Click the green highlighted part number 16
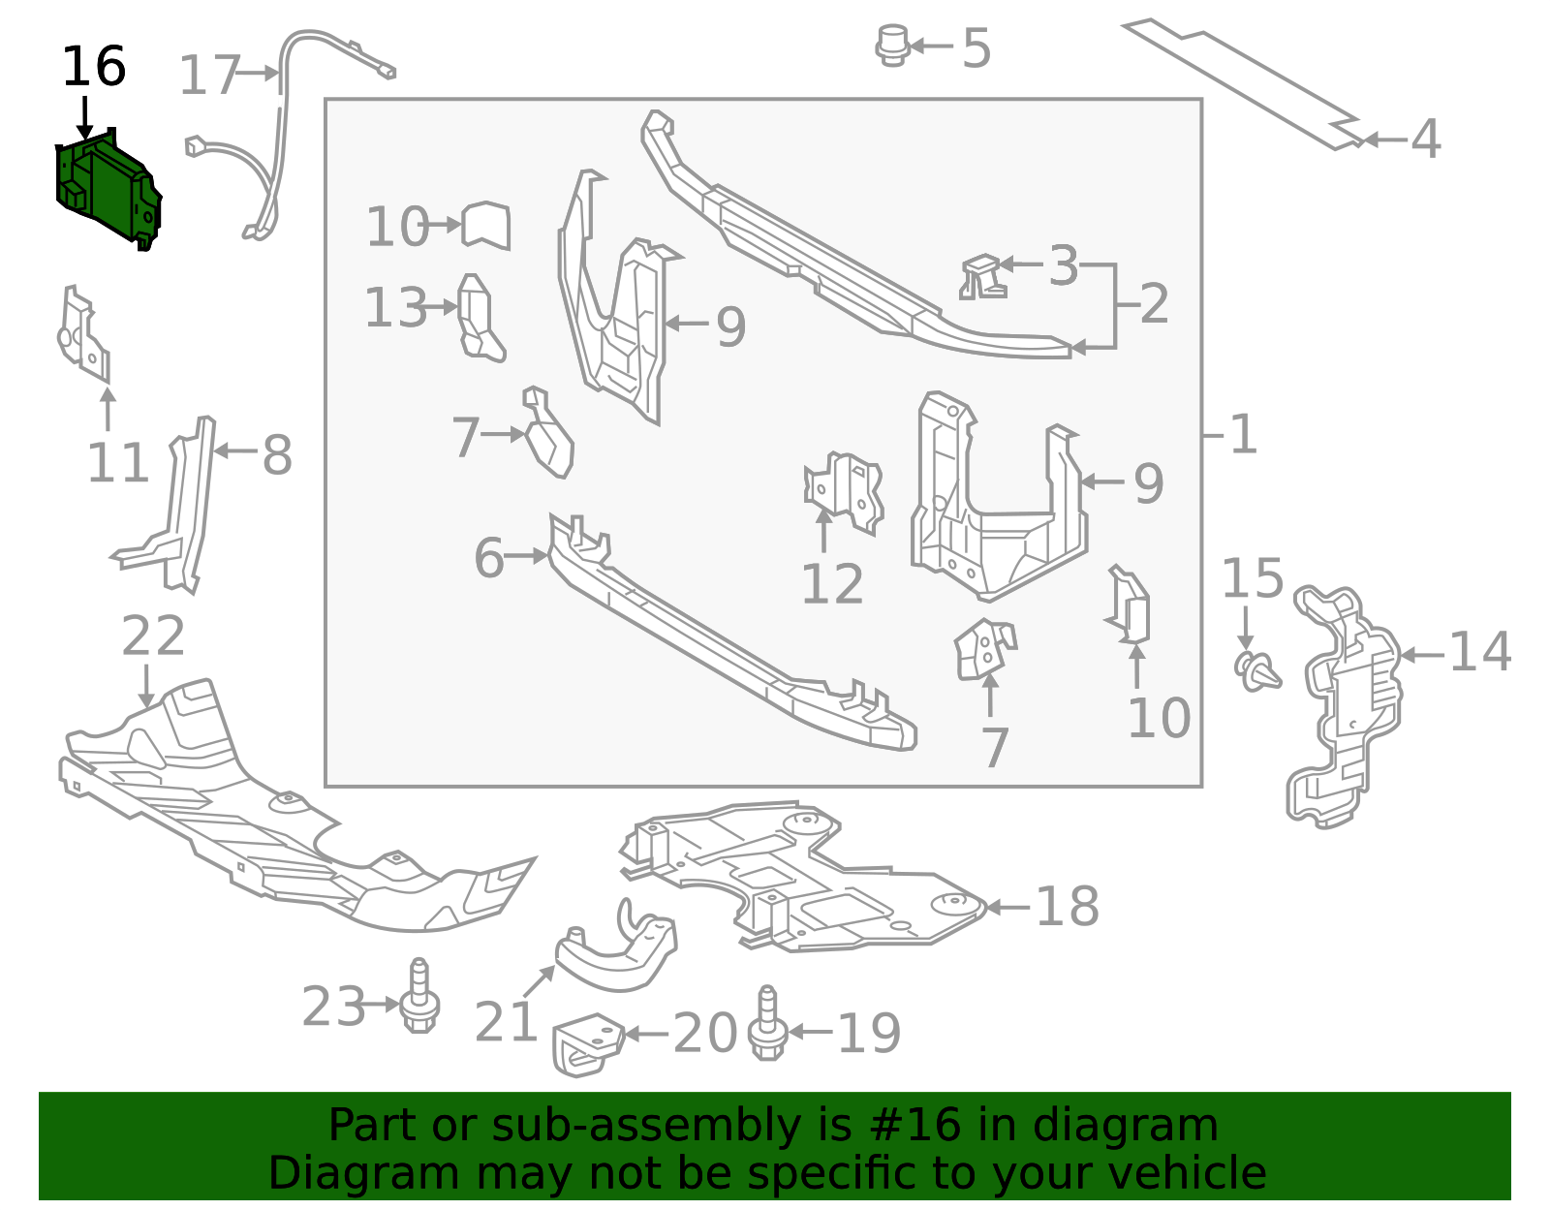point(108,187)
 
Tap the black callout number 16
point(94,66)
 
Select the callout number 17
point(209,75)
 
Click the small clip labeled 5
point(892,46)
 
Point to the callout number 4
point(1426,139)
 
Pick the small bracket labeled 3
point(983,277)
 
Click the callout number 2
point(1155,303)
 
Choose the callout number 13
point(396,307)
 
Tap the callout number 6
point(489,557)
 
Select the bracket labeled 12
point(845,493)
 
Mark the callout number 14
point(1480,652)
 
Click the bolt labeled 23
point(418,995)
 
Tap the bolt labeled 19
point(767,1023)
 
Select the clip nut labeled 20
point(588,1044)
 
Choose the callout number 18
point(1068,906)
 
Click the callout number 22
point(153,636)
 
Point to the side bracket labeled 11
point(84,334)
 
